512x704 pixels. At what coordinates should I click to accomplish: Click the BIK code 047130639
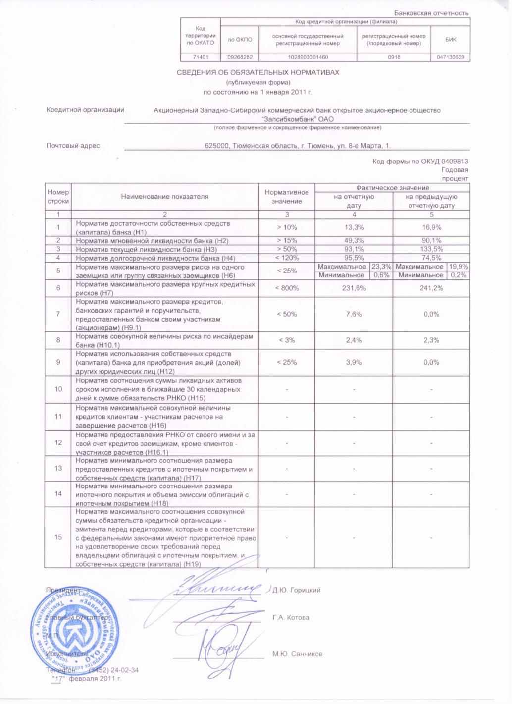pos(451,57)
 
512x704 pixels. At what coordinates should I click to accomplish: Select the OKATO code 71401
pos(200,57)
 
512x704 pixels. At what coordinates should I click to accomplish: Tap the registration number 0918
pos(394,57)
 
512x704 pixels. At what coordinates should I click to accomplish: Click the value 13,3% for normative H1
pos(354,227)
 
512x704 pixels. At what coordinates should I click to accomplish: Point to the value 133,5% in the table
pos(431,249)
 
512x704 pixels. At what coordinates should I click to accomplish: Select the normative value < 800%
pos(287,288)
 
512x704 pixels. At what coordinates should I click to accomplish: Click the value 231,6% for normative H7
pos(354,288)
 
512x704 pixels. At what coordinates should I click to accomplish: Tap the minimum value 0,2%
pos(458,275)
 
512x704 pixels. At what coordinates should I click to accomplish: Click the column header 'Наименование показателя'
pos(165,197)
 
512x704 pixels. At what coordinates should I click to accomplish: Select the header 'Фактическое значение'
pos(392,188)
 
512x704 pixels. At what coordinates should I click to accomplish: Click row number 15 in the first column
pos(58,537)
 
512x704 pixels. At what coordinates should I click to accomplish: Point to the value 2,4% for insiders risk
pos(354,340)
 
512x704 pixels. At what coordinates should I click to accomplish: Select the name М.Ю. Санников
pos(297,654)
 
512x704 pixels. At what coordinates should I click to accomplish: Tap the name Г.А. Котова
pos(291,618)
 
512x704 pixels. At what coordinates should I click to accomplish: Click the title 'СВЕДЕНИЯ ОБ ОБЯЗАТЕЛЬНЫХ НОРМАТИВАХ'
pos(258,73)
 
